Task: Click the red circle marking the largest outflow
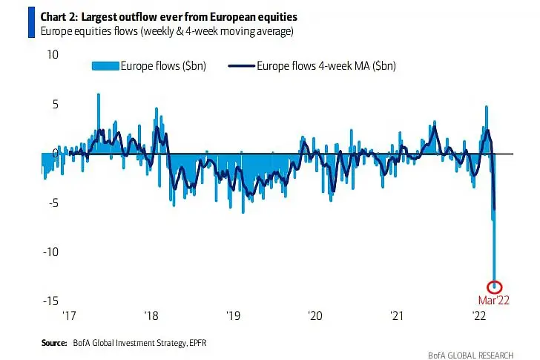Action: point(495,287)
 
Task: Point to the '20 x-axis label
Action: point(315,316)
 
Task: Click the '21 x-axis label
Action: point(398,316)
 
